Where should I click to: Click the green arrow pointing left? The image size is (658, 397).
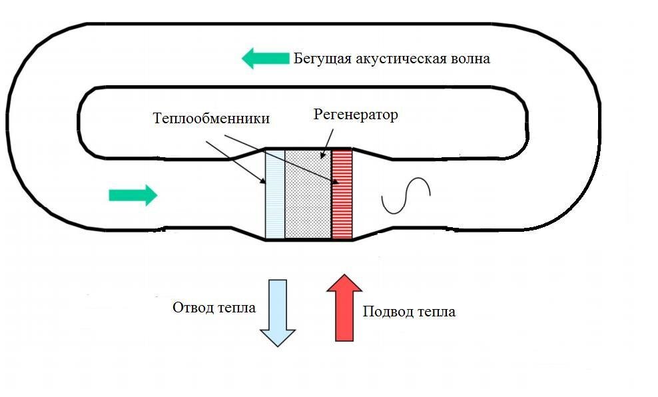(264, 59)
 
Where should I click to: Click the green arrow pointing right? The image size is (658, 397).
(133, 195)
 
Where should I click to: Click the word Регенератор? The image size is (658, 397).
(355, 115)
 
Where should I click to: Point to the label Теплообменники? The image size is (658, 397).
(211, 119)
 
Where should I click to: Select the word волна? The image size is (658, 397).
(470, 59)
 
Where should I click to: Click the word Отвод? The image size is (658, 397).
(192, 308)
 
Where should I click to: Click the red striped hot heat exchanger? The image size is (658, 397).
(342, 194)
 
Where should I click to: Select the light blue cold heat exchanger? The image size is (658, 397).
(275, 194)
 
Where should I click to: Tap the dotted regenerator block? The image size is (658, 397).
(308, 194)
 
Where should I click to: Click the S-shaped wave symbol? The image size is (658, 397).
(406, 195)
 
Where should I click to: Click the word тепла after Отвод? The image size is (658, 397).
(236, 308)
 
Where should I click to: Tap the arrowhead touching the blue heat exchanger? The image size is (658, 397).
(262, 179)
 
